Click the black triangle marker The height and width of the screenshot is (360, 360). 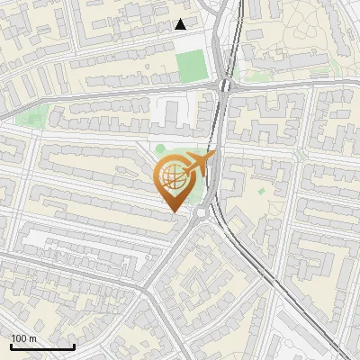[181, 24]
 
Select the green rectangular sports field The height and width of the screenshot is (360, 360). [191, 66]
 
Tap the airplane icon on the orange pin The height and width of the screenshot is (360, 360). [196, 165]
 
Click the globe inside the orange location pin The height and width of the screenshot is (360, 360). [175, 177]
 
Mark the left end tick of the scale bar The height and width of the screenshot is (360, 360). [11, 346]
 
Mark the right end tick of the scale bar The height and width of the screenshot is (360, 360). [74, 346]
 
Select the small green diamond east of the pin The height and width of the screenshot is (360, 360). [262, 191]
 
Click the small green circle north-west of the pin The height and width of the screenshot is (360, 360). [161, 149]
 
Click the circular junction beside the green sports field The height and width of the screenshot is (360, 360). [225, 86]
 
